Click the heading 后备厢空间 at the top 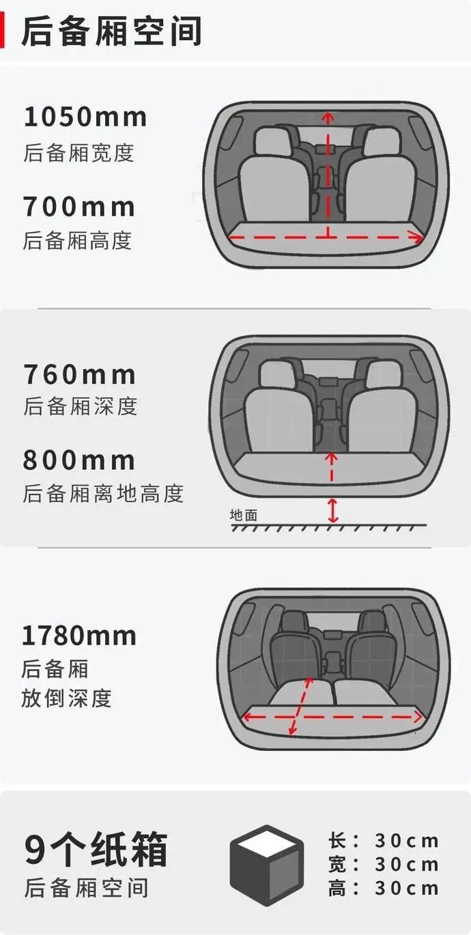pos(111,31)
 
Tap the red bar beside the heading pos(3,31)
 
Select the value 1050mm pos(85,117)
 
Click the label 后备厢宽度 pos(78,152)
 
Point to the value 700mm pos(79,206)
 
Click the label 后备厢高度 pos(77,240)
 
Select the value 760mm pos(80,374)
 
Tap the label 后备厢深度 pos(81,406)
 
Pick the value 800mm pos(79,460)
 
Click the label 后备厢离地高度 pos(104,493)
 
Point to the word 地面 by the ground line pos(244,515)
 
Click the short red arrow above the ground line pos(332,510)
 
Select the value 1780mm pos(79,636)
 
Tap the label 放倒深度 pos(66,698)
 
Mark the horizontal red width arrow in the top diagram pos(328,237)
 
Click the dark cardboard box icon pos(266,865)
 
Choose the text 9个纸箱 pos(96,850)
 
